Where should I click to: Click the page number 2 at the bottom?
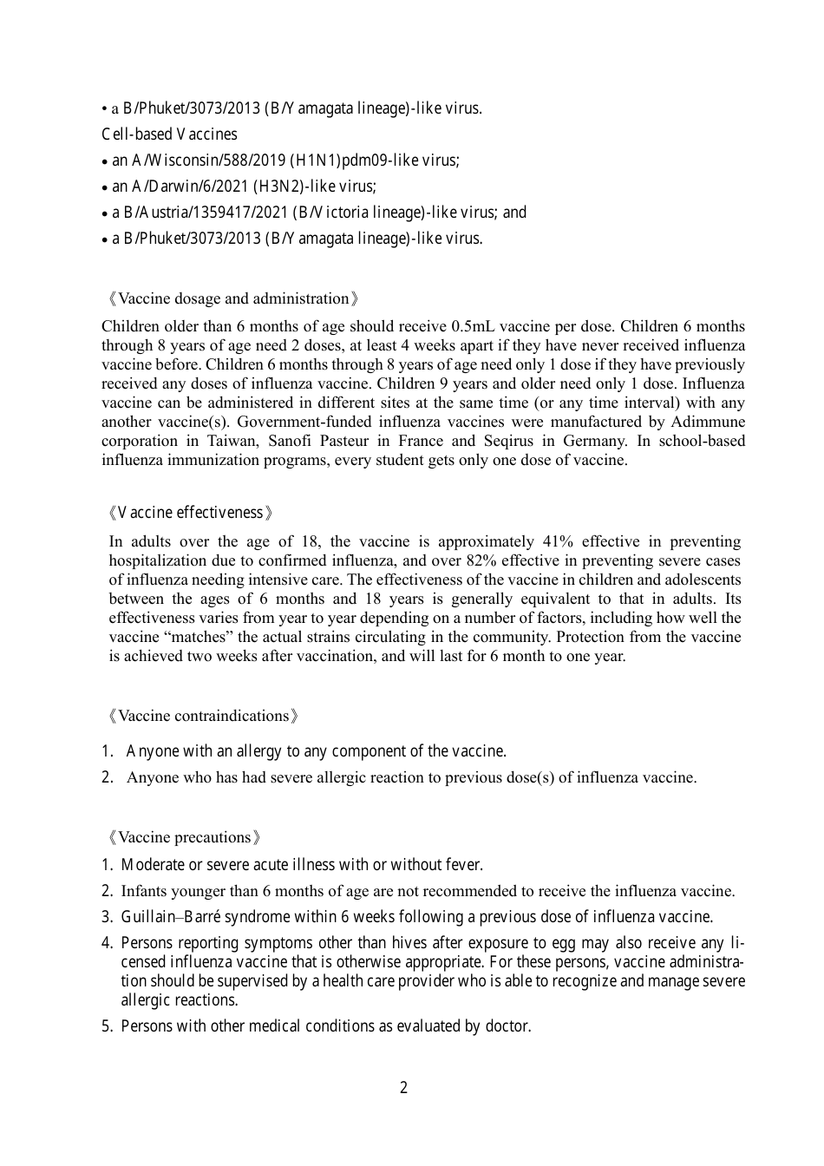pos(403,1088)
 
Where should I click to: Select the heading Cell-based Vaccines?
pos(169,134)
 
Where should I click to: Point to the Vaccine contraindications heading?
pos(204,717)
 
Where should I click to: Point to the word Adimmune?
pos(708,423)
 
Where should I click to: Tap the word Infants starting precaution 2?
pos(144,892)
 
